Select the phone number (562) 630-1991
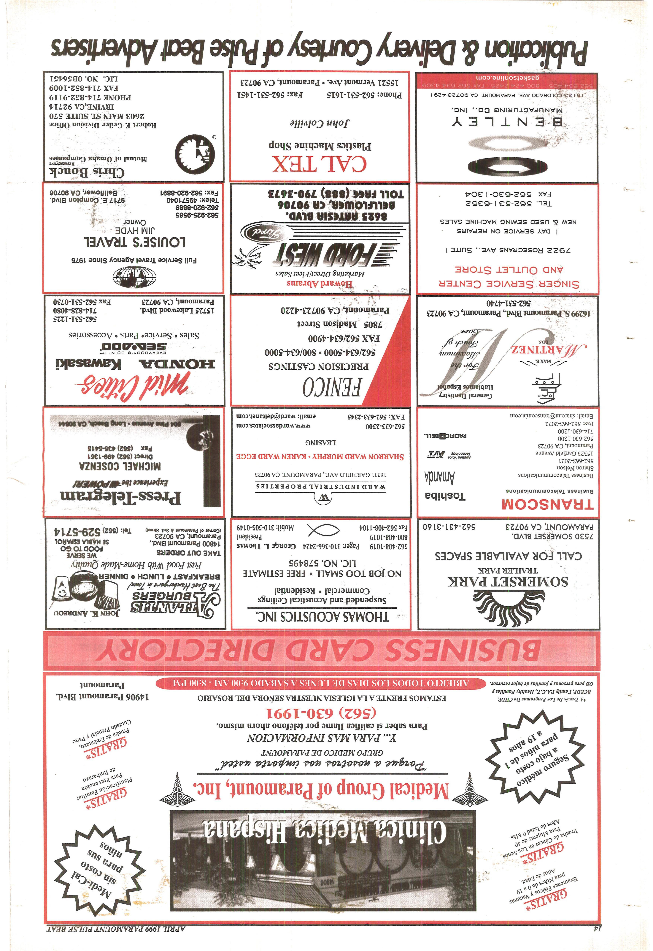coord(321,713)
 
